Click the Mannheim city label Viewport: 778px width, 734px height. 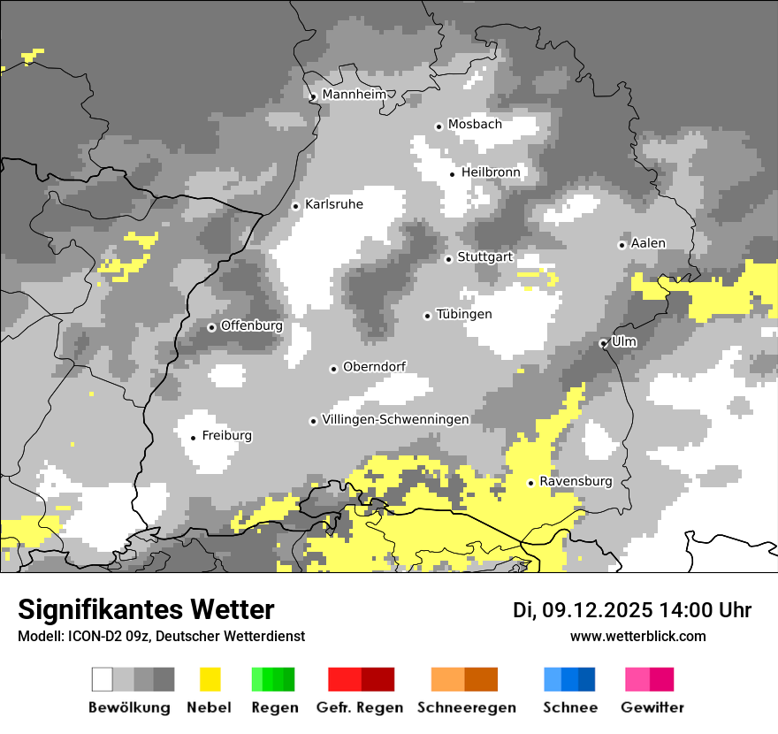355,95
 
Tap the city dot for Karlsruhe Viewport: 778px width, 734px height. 296,206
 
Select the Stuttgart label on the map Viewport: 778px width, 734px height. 484,257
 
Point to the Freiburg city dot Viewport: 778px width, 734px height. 194,438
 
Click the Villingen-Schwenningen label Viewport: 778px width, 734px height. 395,419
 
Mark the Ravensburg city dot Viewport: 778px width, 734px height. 530,483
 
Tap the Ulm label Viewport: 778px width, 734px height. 623,340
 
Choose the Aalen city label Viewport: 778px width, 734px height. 648,243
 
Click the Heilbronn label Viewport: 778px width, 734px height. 491,172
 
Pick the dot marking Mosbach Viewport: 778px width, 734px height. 439,126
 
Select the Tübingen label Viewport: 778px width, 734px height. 464,315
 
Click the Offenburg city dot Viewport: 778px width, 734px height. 211,327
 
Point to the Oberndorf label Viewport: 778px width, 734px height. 374,367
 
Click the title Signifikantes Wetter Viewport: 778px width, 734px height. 146,609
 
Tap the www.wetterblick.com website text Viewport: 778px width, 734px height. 637,636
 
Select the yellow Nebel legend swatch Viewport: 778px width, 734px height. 210,679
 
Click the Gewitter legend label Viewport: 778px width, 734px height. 652,707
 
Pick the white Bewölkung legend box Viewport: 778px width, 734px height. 103,679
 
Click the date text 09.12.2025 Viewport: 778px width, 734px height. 598,610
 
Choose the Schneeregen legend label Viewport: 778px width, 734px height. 466,707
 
